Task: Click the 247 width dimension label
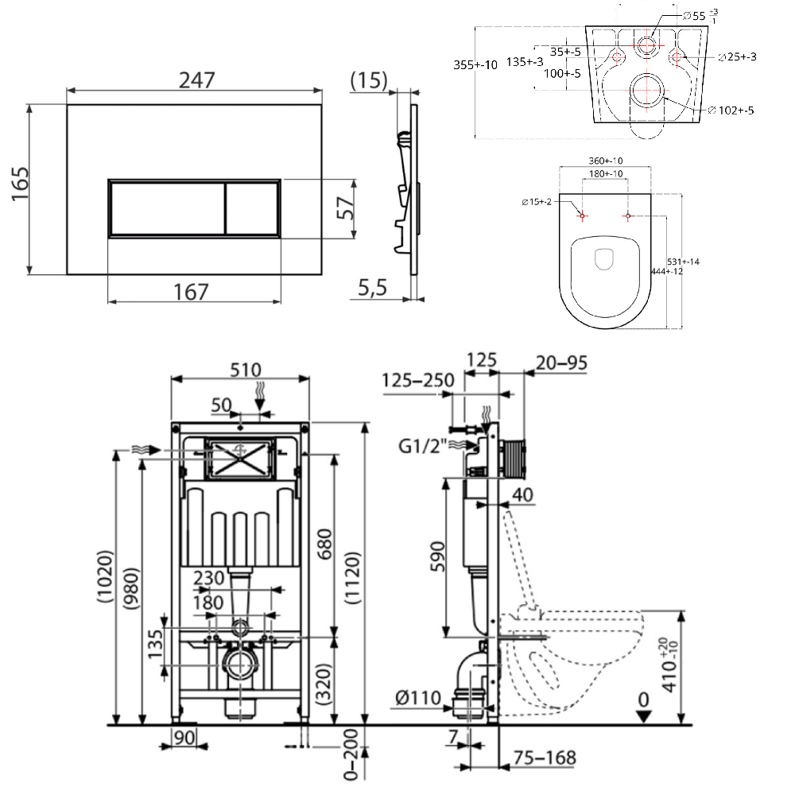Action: (196, 79)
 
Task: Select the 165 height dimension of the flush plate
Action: (21, 184)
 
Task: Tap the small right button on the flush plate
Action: (251, 207)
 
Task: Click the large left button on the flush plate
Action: (167, 207)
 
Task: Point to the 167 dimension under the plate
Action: (191, 292)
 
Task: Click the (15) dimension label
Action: (369, 80)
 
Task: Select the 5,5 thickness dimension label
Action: (372, 288)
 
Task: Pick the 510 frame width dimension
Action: (246, 370)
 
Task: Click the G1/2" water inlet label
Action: (422, 446)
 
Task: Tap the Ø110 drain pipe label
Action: (418, 698)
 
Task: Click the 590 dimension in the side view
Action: (437, 556)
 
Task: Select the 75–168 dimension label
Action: (545, 758)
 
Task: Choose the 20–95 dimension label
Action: (562, 363)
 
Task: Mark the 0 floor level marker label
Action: (643, 700)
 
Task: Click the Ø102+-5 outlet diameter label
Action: (731, 110)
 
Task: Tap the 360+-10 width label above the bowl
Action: (605, 161)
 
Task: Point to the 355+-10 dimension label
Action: (475, 65)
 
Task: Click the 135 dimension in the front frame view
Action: (155, 644)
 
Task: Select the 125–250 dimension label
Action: (418, 380)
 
